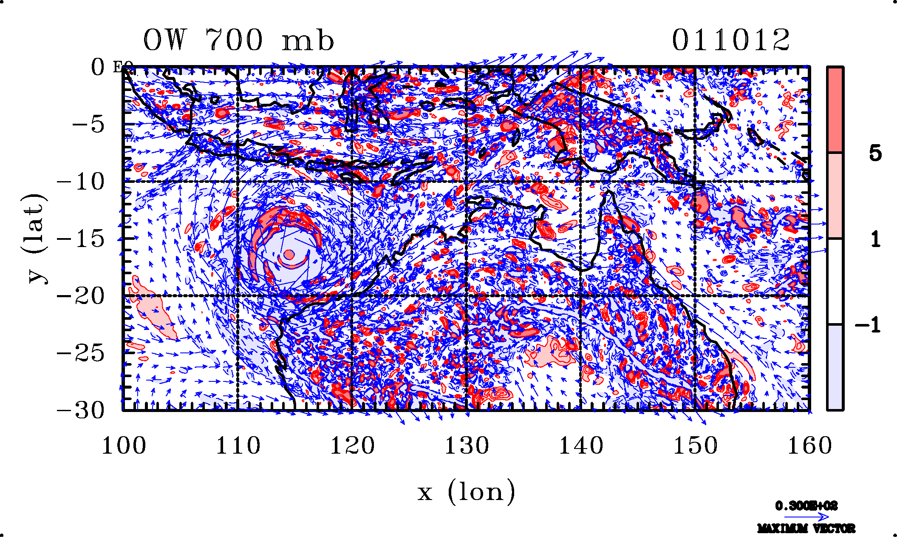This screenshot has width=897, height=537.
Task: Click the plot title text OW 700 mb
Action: (x=238, y=40)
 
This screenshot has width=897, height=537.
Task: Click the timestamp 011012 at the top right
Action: (x=730, y=40)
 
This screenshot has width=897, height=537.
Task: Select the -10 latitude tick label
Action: (x=81, y=182)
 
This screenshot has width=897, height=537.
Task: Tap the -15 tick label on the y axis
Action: (x=81, y=239)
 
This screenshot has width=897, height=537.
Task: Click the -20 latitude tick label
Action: (x=81, y=296)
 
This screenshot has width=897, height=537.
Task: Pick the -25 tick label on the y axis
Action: (x=81, y=353)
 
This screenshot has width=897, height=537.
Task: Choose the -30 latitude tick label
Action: (x=81, y=410)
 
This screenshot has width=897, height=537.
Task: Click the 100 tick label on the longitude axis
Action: (x=124, y=446)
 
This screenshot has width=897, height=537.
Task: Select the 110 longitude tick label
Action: (x=238, y=446)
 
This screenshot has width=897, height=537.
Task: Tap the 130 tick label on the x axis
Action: (x=467, y=446)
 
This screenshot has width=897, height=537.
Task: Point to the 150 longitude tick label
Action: (x=695, y=446)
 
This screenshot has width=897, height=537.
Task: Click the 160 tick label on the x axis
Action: (x=809, y=446)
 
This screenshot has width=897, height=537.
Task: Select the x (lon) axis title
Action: (x=466, y=492)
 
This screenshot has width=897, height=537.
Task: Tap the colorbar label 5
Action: (x=875, y=153)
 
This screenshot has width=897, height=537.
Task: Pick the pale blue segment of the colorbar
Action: (x=835, y=367)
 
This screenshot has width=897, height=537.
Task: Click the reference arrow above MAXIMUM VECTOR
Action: (x=806, y=517)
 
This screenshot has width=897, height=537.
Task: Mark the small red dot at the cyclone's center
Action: (x=289, y=254)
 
